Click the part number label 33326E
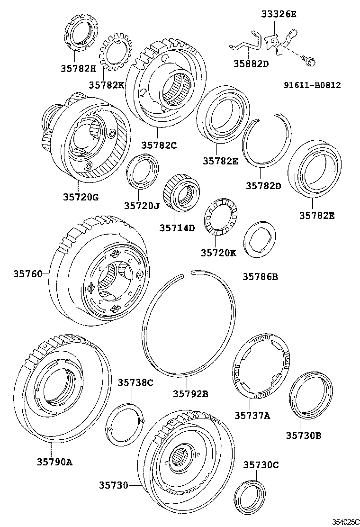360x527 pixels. pyautogui.click(x=279, y=14)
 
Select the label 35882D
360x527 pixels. pyautogui.click(x=251, y=64)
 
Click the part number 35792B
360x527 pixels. pyautogui.click(x=190, y=393)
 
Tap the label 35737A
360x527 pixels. pyautogui.click(x=252, y=416)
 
